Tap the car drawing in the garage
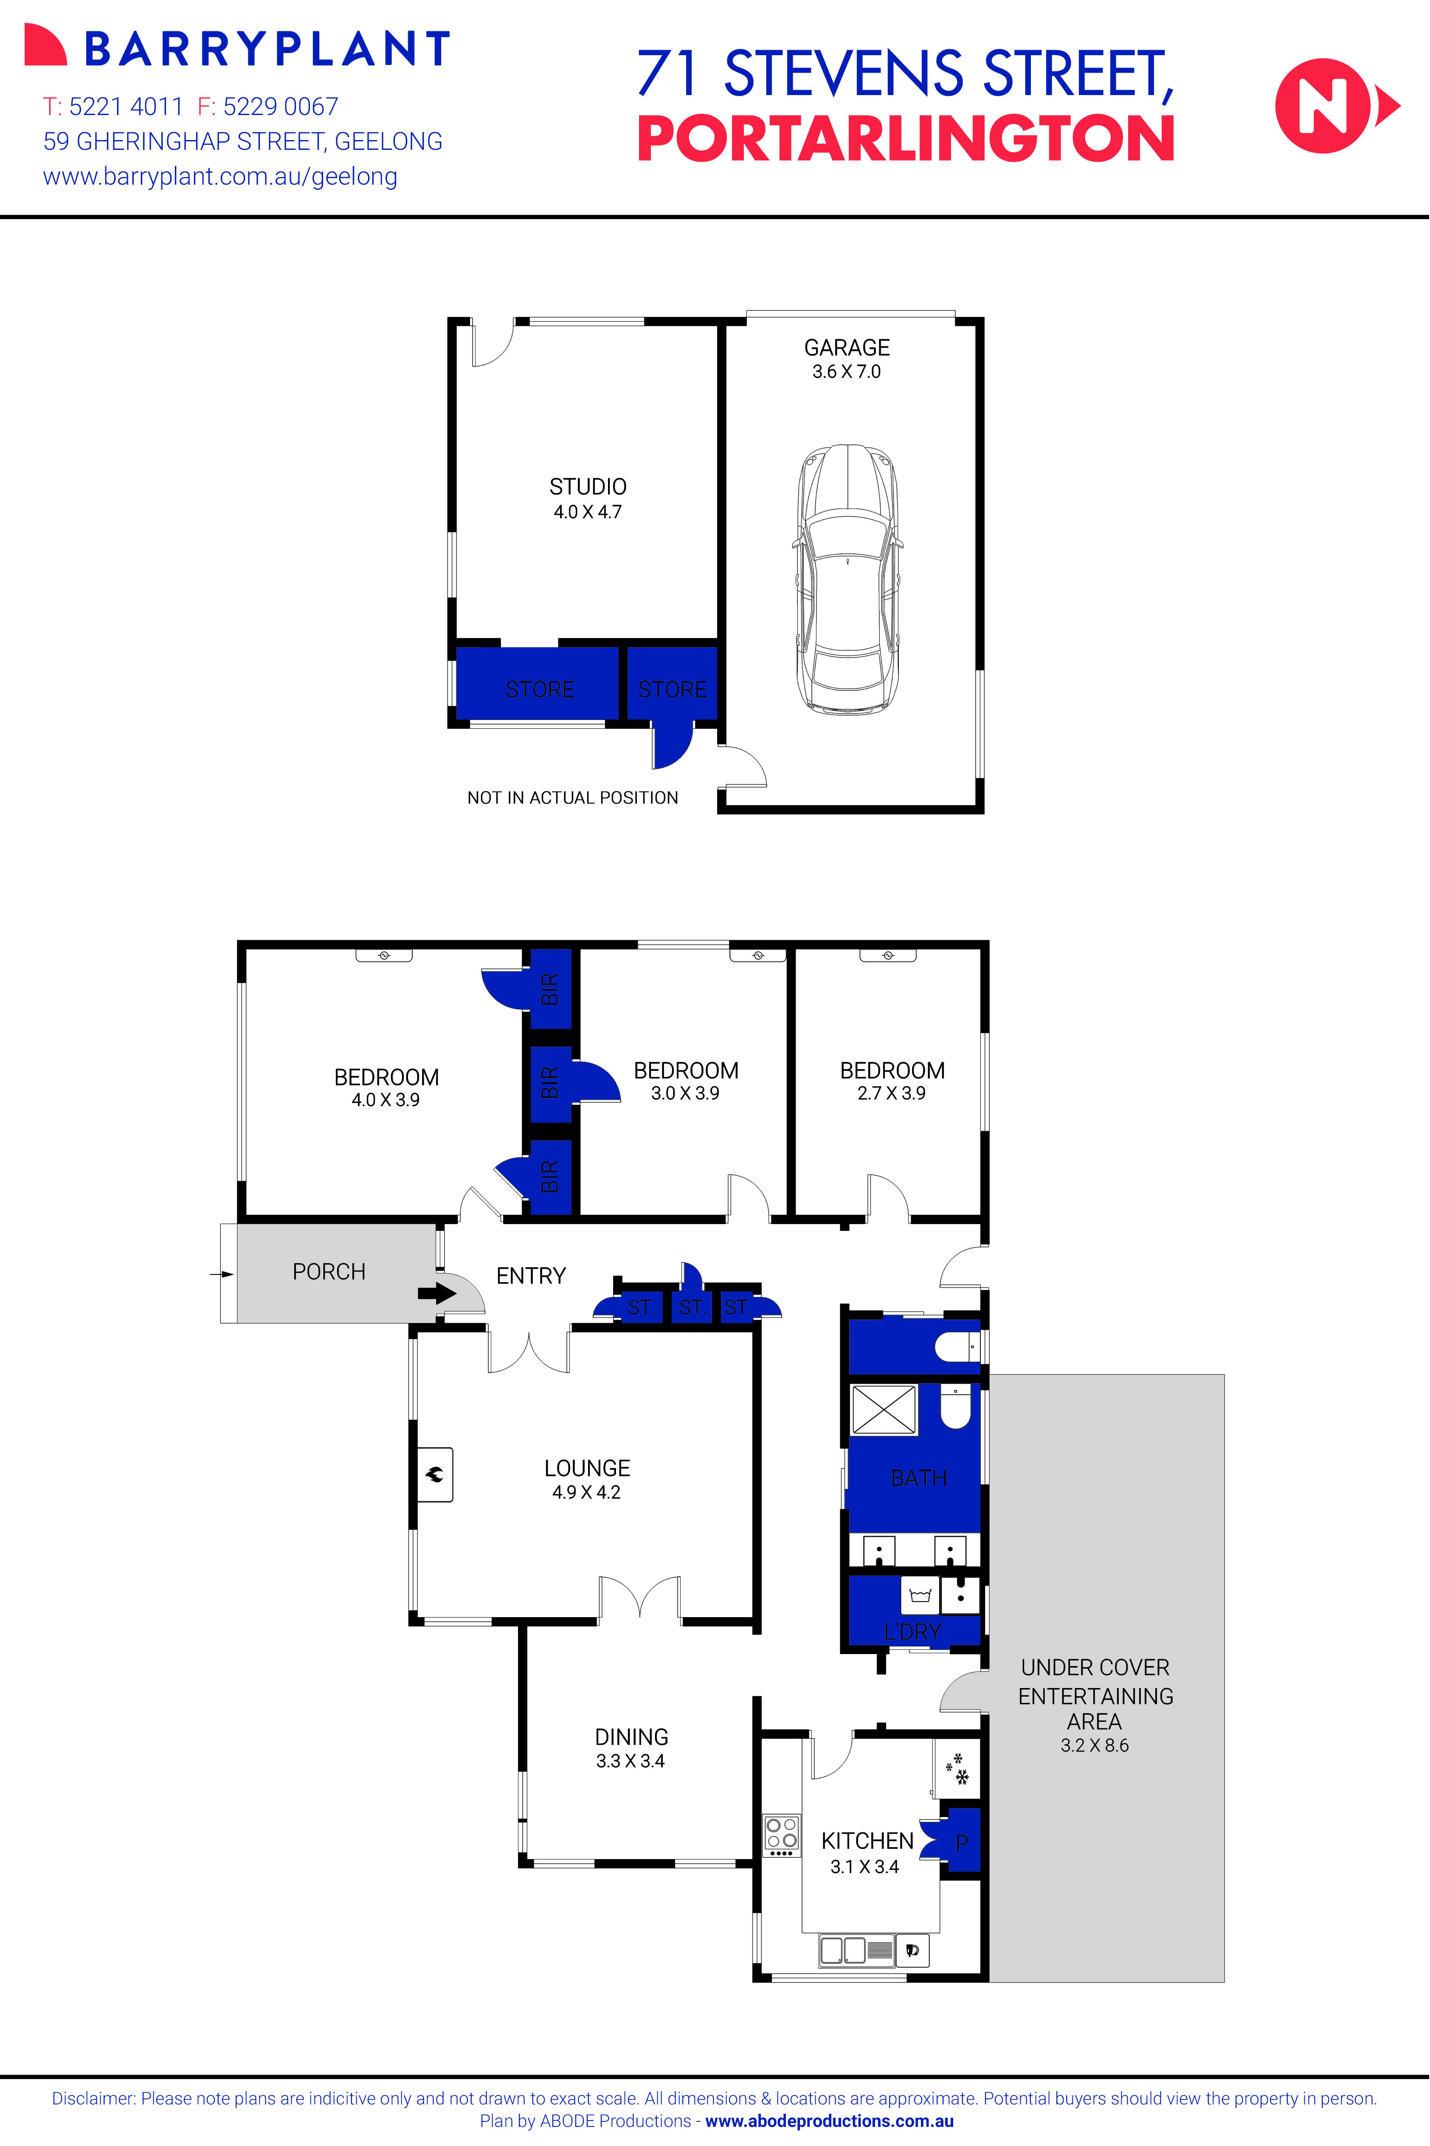pos(847,580)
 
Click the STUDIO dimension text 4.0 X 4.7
pos(587,512)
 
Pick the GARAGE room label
pos(846,347)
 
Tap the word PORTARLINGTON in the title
pos(905,140)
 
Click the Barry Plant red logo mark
pos(45,45)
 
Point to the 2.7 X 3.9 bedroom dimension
pos(891,1093)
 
